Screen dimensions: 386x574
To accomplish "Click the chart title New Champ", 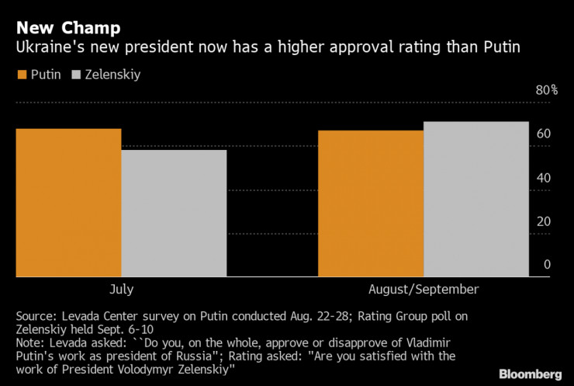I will [68, 28].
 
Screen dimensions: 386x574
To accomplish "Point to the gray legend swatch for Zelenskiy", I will [76, 75].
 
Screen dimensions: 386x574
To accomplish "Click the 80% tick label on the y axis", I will [547, 90].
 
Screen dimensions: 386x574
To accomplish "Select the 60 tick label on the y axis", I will [543, 134].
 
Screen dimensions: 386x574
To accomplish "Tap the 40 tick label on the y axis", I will [543, 178].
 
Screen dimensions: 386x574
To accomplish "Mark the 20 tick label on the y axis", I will [543, 221].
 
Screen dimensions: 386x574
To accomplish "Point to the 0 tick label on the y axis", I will [547, 265].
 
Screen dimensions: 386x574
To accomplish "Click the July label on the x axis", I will [121, 289].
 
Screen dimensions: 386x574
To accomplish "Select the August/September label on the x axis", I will [424, 289].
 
